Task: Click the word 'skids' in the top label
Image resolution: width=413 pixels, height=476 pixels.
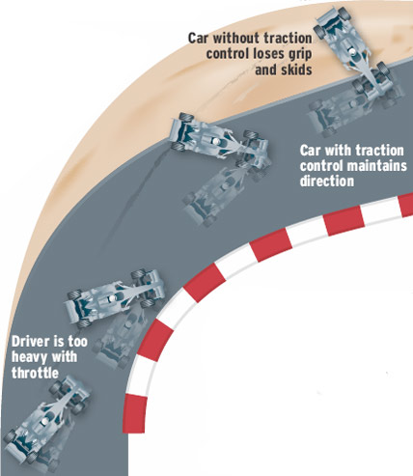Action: coord(284,70)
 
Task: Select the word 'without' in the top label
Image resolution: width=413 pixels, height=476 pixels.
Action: coord(236,38)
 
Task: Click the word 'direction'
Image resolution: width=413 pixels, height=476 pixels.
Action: coord(327,181)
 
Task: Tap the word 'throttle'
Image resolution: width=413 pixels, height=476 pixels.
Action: coord(35,373)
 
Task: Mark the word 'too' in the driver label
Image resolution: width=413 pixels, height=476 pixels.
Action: coord(77,342)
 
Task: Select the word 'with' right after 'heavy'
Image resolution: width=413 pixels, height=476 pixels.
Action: coord(65,357)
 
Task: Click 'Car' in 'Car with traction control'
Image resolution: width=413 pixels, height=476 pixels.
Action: coord(311,151)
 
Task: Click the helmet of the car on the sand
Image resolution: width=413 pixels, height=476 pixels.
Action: coord(353,51)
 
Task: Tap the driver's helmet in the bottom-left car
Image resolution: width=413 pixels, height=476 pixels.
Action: coord(45,421)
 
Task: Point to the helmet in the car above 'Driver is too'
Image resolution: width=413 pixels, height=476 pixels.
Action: coord(112,298)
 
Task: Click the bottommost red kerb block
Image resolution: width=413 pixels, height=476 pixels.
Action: coord(135,413)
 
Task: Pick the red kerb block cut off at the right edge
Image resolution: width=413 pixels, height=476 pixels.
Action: coord(406,205)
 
